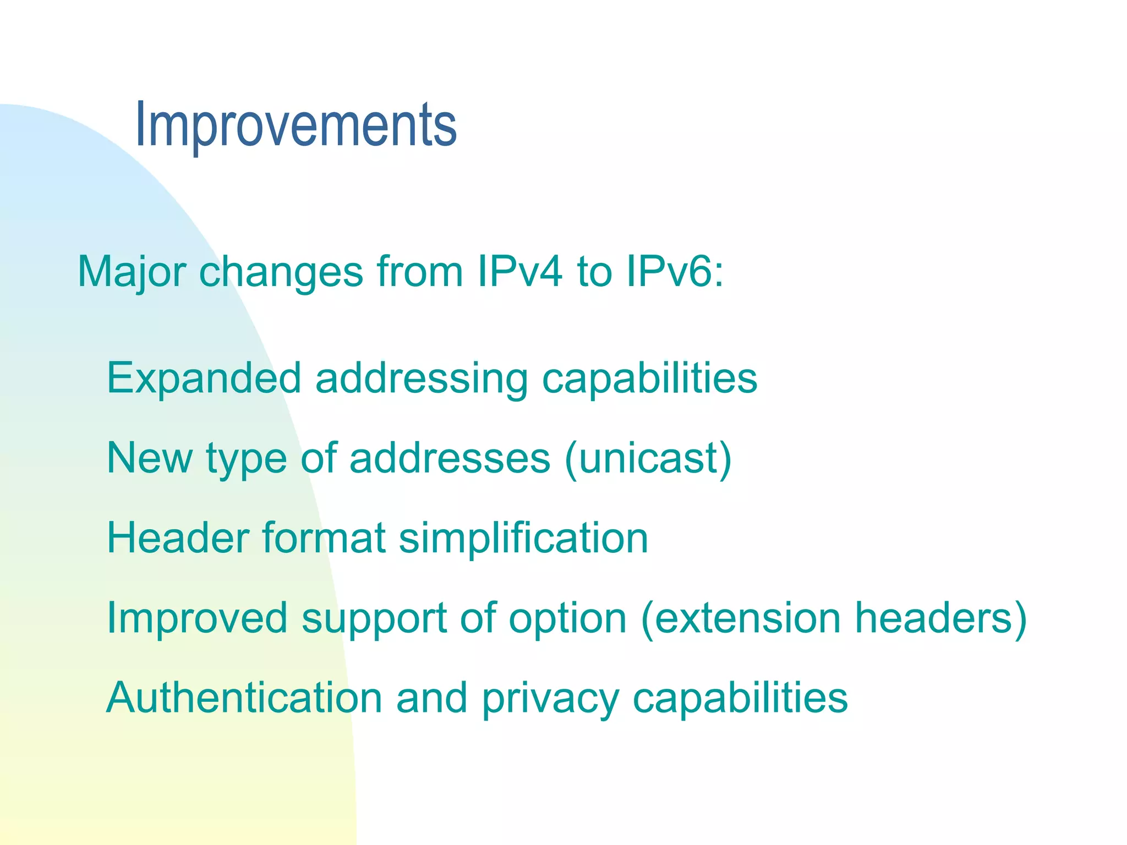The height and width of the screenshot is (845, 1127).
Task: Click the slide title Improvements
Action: [x=296, y=125]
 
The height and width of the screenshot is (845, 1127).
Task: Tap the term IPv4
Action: [x=519, y=272]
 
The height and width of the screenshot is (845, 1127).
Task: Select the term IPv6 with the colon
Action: [x=675, y=272]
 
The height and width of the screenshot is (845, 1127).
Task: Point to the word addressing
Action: [x=422, y=378]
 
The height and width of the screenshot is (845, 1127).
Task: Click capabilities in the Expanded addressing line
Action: [x=649, y=378]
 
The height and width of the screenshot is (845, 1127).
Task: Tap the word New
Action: [x=150, y=458]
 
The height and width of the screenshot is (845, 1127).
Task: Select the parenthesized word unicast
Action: [x=648, y=458]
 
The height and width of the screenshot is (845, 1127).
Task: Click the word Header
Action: [x=177, y=538]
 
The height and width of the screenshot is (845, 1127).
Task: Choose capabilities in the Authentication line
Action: [x=740, y=698]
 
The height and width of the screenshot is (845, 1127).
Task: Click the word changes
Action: [x=281, y=272]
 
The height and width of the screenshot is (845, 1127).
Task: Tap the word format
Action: [x=324, y=538]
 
